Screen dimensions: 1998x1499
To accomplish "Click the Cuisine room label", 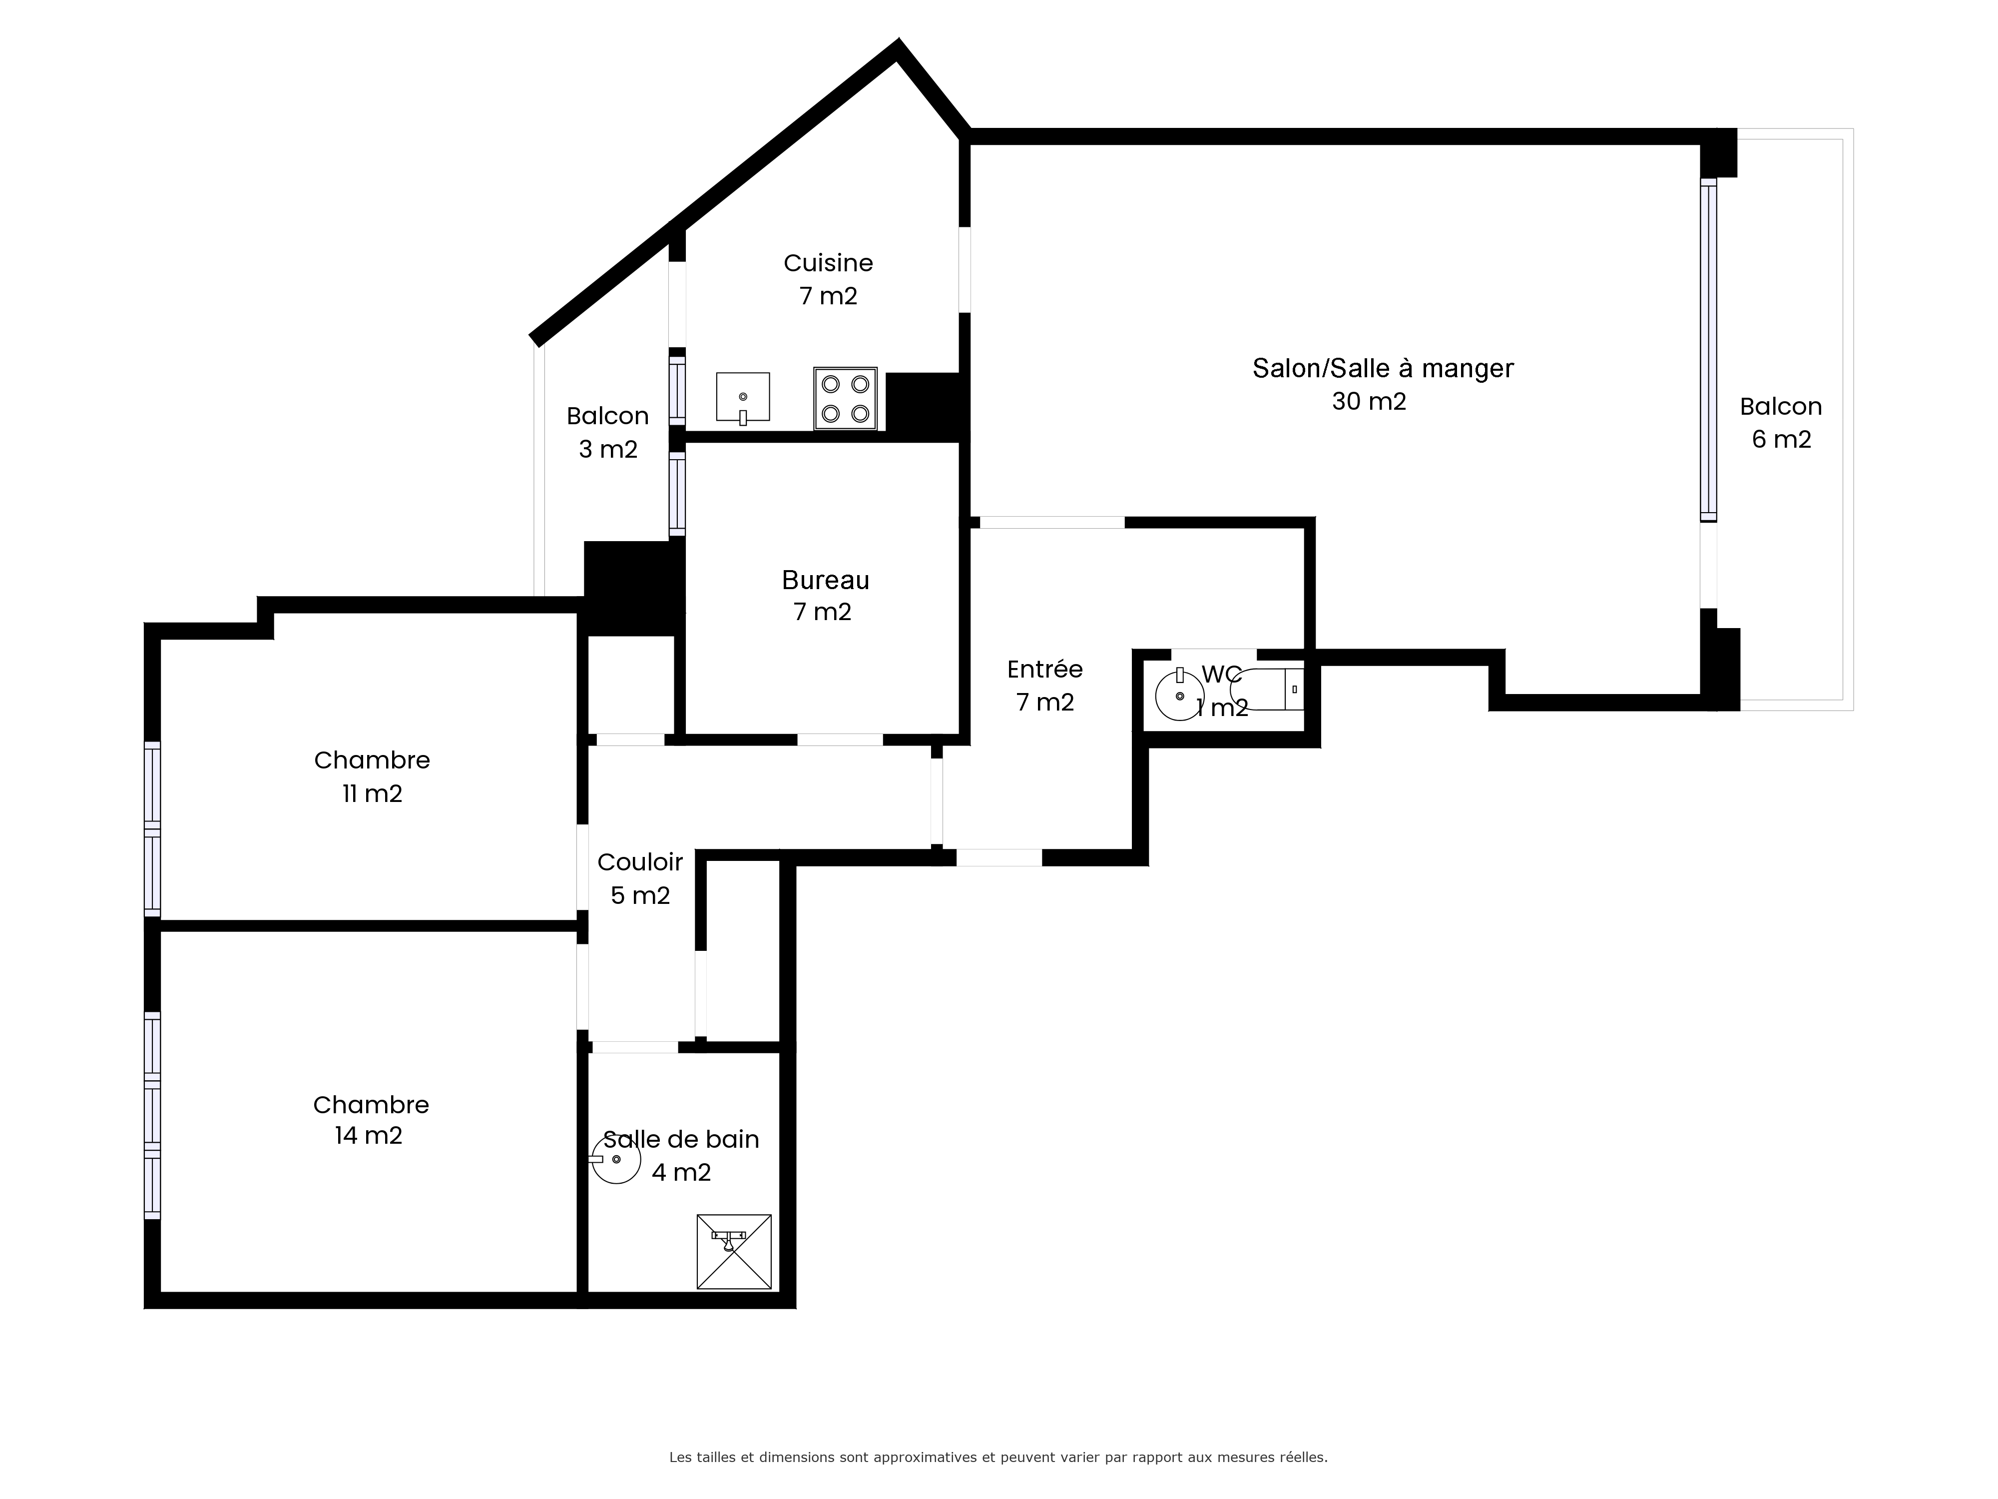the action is tap(828, 263).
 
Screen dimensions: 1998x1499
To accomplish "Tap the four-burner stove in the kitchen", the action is tap(846, 398).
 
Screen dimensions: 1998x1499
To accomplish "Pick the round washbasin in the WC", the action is tap(1180, 696).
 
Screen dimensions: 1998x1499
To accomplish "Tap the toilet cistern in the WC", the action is tap(1294, 690).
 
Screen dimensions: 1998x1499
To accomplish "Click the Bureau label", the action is tap(826, 580).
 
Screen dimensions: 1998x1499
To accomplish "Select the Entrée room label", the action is tap(1045, 670).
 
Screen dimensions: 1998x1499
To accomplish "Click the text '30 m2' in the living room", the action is tap(1369, 401).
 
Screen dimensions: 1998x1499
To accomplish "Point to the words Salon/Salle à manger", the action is tap(1383, 369).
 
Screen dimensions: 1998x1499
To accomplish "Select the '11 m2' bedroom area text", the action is tap(372, 793).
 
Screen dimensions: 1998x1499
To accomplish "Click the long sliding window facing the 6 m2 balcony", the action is tap(1708, 351).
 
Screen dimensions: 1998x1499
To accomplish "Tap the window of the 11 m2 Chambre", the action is tap(152, 828).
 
